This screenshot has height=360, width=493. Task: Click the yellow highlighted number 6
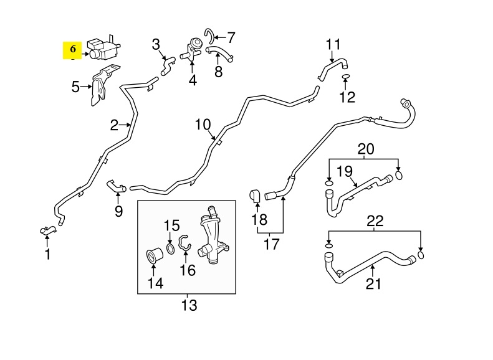coord(73,49)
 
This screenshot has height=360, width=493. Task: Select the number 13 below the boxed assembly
coord(188,305)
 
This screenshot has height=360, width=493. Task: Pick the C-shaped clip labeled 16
coord(184,244)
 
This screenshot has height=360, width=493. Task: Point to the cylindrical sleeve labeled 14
coord(154,256)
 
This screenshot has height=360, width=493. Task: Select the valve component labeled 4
coord(191,50)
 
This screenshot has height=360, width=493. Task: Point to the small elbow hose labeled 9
coord(116,185)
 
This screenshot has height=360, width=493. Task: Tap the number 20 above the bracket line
coord(366,149)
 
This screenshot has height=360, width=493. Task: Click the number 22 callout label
coord(375,220)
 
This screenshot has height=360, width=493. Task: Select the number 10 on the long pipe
coord(203,125)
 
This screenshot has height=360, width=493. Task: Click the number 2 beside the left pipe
coord(114,126)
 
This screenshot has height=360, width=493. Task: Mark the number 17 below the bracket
coord(271,244)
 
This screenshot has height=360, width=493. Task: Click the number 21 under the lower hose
coord(373,285)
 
